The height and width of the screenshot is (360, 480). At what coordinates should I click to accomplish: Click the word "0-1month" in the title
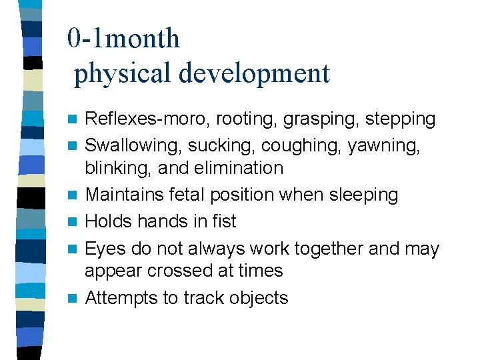click(123, 39)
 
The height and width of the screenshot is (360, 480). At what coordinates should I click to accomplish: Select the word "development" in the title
click(253, 73)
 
